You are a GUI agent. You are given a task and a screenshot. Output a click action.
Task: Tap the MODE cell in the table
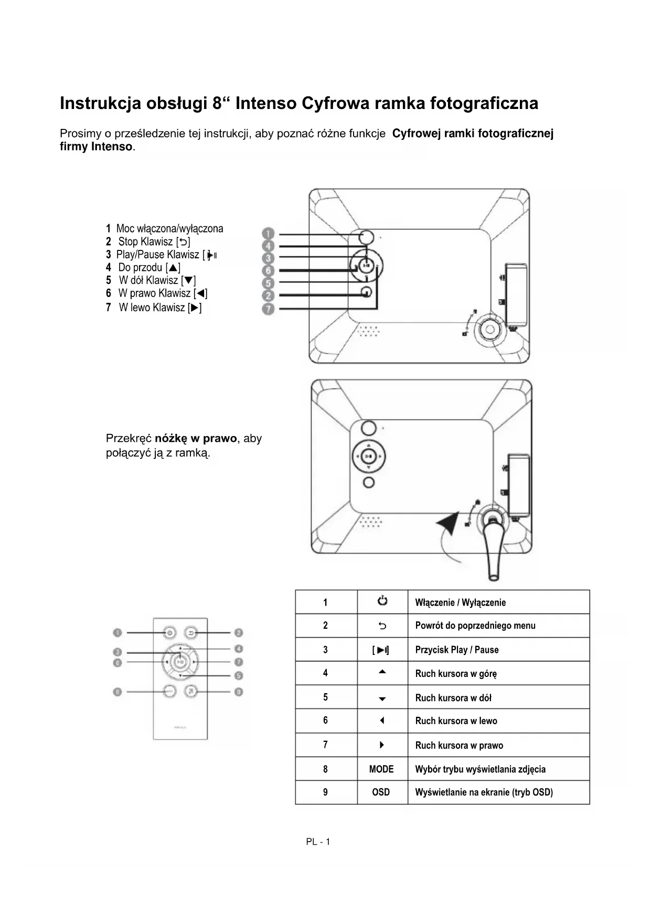pyautogui.click(x=381, y=769)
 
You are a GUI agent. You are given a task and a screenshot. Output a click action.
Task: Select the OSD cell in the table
pyautogui.click(x=381, y=792)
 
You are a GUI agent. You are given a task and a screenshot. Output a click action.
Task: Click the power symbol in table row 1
pyautogui.click(x=382, y=601)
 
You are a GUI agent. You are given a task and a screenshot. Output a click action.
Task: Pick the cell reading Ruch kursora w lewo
pyautogui.click(x=456, y=721)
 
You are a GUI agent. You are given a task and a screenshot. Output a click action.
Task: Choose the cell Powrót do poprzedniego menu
pyautogui.click(x=475, y=626)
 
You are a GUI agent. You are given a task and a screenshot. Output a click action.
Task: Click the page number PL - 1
pyautogui.click(x=318, y=842)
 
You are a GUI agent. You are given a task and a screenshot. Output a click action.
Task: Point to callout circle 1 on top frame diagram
pyautogui.click(x=268, y=234)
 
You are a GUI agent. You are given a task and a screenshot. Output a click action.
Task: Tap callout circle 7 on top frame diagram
pyautogui.click(x=268, y=309)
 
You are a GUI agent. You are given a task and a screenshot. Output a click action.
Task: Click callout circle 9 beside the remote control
pyautogui.click(x=239, y=692)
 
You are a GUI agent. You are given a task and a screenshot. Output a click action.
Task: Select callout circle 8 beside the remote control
pyautogui.click(x=118, y=692)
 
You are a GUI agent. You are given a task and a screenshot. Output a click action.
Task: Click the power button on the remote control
pyautogui.click(x=169, y=633)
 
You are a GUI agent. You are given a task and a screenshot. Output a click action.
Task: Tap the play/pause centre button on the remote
pyautogui.click(x=180, y=662)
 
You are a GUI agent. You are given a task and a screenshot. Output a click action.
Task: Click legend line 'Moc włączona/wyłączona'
pyautogui.click(x=165, y=229)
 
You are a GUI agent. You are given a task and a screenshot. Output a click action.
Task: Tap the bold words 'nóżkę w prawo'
pyautogui.click(x=196, y=439)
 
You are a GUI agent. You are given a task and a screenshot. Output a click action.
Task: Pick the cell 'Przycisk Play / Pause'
pyautogui.click(x=456, y=650)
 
